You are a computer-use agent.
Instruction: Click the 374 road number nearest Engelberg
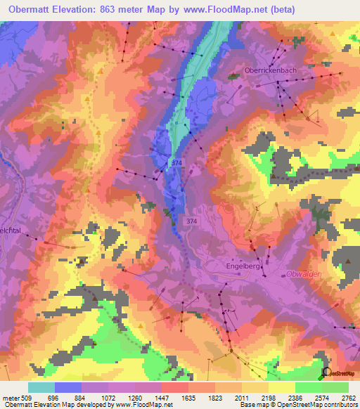[191, 221]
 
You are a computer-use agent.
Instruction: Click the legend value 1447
[162, 397]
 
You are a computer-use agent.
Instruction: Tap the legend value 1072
[108, 397]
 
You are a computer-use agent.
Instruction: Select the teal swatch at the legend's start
[41, 387]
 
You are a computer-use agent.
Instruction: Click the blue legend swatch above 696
[68, 387]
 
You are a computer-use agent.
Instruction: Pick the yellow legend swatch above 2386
[281, 387]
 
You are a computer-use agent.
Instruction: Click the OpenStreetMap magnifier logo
[326, 372]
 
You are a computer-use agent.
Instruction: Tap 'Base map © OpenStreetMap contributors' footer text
[298, 405]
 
